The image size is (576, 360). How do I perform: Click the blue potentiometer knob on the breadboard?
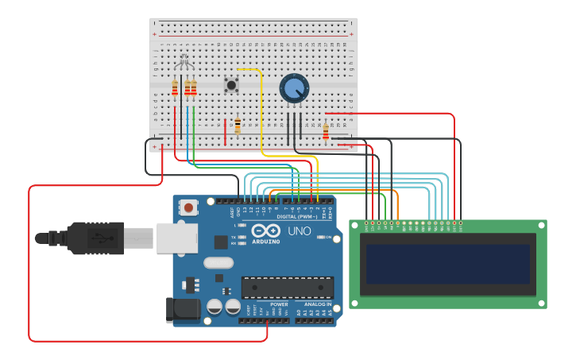tap(294, 88)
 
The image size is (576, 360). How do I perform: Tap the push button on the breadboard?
tap(231, 84)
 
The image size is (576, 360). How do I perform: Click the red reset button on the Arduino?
tap(188, 208)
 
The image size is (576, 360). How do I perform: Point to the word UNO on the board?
tap(299, 230)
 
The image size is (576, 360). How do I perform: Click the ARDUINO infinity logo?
tap(265, 231)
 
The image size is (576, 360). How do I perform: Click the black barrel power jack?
tap(180, 308)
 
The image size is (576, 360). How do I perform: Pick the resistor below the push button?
tap(237, 126)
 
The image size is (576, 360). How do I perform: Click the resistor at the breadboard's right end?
tap(326, 132)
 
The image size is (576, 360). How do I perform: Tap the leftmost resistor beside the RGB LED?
tap(175, 88)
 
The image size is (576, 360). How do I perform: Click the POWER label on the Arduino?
tap(279, 304)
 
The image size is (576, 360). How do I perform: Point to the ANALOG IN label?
tap(315, 304)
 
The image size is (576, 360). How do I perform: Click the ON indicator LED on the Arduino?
tap(319, 237)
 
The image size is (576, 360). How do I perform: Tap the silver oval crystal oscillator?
tap(218, 263)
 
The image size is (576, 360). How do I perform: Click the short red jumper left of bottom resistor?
tap(225, 131)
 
